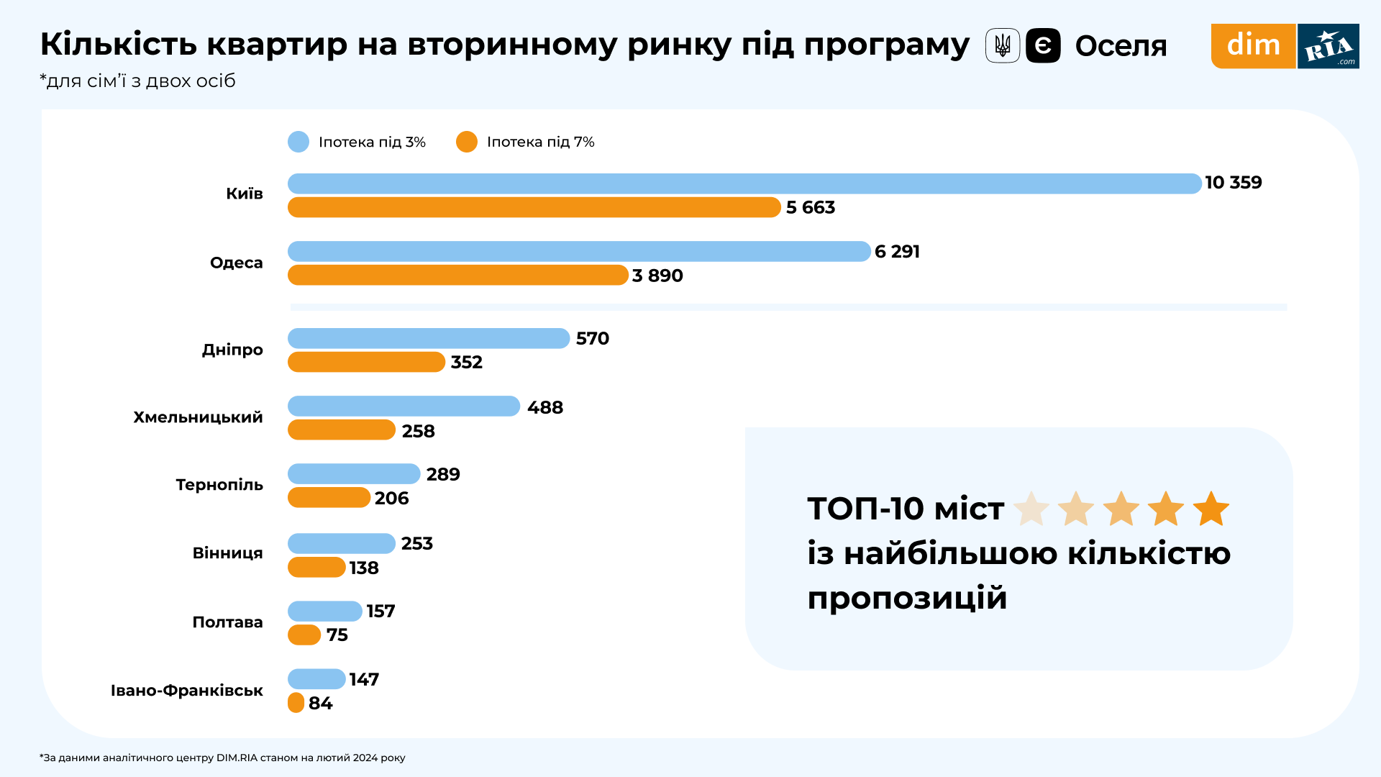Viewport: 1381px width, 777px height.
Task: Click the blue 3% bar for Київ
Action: click(x=744, y=183)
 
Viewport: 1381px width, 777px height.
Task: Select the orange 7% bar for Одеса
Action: click(x=458, y=275)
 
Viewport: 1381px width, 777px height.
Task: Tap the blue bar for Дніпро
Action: click(x=429, y=338)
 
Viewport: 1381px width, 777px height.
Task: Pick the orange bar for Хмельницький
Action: click(x=342, y=430)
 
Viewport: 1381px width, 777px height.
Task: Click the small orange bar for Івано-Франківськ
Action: click(x=296, y=703)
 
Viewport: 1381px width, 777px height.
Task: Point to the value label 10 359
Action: click(x=1234, y=183)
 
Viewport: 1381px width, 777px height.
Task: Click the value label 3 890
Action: click(x=657, y=276)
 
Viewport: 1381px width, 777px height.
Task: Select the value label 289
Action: click(x=443, y=474)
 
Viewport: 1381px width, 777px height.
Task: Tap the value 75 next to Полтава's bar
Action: click(x=337, y=635)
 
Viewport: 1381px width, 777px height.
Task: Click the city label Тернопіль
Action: click(x=219, y=485)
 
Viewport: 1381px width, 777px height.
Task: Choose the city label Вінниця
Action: click(x=227, y=553)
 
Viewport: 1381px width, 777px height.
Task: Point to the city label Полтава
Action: click(x=227, y=622)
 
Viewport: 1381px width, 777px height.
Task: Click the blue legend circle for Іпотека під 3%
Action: click(x=298, y=142)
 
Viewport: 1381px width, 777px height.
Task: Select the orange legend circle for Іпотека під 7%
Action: click(x=467, y=142)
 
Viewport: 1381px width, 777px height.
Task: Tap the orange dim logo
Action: click(x=1253, y=46)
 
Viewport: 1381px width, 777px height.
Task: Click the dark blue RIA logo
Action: click(x=1328, y=46)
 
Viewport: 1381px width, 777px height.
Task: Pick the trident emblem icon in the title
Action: click(x=1003, y=46)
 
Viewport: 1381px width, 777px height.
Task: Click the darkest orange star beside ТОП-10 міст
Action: click(x=1211, y=509)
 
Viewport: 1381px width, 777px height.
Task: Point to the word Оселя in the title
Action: click(x=1121, y=46)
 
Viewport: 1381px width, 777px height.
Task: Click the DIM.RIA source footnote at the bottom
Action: click(x=223, y=758)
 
